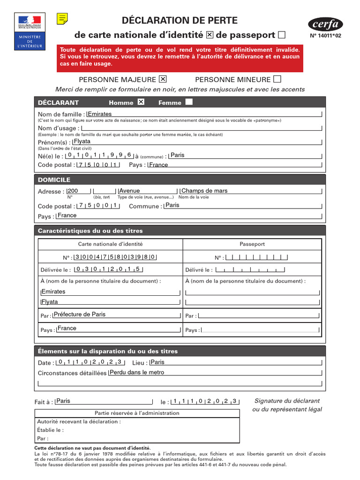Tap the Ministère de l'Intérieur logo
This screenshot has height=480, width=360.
tap(30, 31)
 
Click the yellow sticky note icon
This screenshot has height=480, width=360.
tap(62, 18)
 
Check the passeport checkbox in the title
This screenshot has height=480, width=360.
tap(282, 35)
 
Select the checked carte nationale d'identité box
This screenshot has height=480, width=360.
tap(210, 35)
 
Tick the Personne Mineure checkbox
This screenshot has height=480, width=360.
tap(277, 79)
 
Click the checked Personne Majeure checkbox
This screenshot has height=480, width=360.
tap(163, 79)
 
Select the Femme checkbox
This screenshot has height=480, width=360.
tap(189, 102)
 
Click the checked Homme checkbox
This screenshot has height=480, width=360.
tap(141, 102)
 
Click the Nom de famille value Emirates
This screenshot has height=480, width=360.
tap(100, 114)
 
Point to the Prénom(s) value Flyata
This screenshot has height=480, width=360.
tap(82, 141)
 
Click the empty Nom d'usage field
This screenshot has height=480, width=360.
tap(202, 128)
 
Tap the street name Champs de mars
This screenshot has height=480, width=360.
tap(204, 191)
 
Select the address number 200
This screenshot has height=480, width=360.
tap(73, 191)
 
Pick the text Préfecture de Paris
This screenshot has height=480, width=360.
tap(80, 315)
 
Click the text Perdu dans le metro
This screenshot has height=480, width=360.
tap(137, 372)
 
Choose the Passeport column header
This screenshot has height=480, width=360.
tap(252, 244)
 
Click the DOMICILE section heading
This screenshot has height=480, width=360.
tap(54, 180)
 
